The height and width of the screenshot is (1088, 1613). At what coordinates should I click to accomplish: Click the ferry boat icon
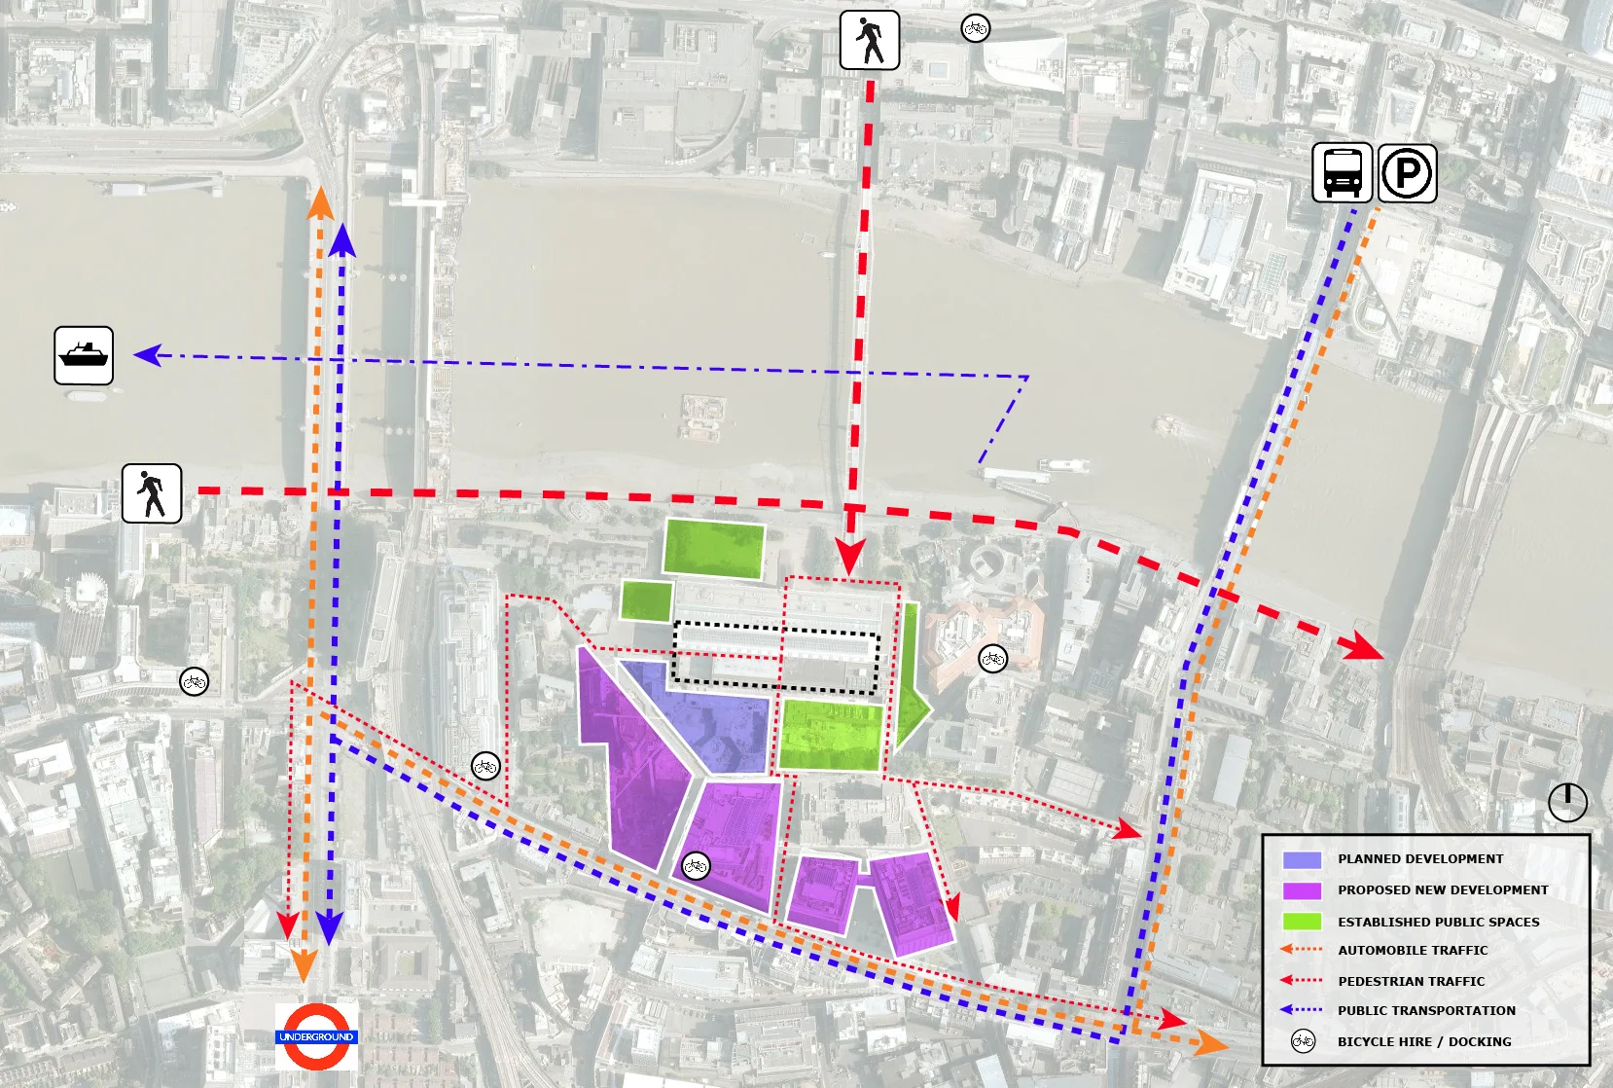tap(84, 355)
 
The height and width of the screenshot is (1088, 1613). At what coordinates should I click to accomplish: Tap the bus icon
tap(1342, 172)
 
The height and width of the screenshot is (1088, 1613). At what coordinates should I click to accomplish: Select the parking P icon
tap(1407, 173)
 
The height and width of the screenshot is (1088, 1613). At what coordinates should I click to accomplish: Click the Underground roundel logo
tap(316, 1036)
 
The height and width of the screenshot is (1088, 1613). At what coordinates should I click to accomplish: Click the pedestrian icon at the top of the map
tap(869, 40)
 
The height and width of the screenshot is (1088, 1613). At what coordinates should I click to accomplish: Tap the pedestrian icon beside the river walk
tap(152, 493)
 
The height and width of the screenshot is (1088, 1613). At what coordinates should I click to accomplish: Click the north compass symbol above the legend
tap(1567, 803)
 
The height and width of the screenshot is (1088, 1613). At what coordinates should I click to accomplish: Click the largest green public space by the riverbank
tap(713, 548)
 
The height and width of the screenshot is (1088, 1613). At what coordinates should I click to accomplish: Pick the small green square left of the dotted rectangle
tap(646, 599)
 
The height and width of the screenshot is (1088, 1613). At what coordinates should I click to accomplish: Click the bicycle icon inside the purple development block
tap(695, 864)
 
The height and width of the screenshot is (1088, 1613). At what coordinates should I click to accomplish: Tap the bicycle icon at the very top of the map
tap(975, 28)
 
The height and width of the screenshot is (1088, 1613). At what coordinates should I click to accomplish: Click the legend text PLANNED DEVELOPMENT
tap(1419, 858)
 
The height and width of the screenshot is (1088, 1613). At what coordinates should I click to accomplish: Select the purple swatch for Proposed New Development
tap(1301, 890)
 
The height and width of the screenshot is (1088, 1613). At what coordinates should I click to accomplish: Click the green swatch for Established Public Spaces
tap(1301, 922)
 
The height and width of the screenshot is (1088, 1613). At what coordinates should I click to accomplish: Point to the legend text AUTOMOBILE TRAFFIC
tap(1412, 950)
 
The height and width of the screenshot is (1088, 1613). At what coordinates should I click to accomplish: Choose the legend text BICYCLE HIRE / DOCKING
tap(1423, 1041)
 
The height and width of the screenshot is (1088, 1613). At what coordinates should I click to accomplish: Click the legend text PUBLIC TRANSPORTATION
tap(1425, 1010)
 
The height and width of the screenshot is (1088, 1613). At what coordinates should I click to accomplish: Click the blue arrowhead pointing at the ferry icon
tap(147, 355)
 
